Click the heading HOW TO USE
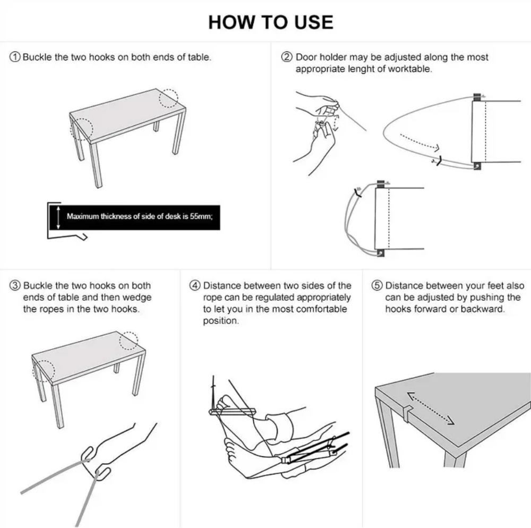click(271, 22)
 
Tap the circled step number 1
click(15, 57)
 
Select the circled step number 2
click(287, 57)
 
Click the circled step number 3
click(15, 286)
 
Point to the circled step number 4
click(195, 286)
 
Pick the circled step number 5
click(377, 286)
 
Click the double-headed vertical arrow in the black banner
click(58, 217)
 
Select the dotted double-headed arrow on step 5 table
click(431, 408)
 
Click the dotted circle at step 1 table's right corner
click(169, 98)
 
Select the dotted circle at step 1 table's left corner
click(82, 129)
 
